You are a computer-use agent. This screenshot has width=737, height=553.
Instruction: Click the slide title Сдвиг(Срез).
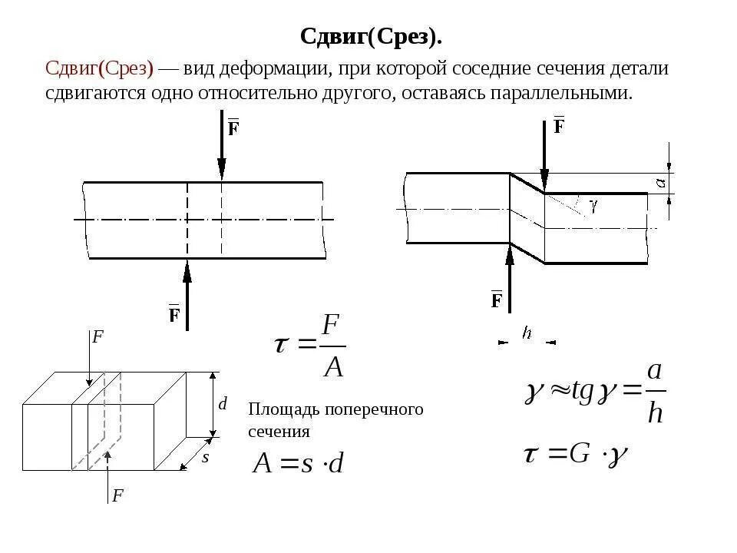pos(371,36)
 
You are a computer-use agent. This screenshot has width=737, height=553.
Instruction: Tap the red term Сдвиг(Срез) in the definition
pos(100,68)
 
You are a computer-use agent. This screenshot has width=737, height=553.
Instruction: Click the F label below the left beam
pos(174,314)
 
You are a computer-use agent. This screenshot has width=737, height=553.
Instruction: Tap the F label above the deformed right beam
pos(560,125)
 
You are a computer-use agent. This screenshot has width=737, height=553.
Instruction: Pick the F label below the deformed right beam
pos(497,300)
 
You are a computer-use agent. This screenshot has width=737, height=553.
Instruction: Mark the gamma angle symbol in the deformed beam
pos(593,205)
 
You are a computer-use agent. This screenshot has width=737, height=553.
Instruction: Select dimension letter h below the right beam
pos(527,333)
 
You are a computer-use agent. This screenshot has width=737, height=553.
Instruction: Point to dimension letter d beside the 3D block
pos(223,403)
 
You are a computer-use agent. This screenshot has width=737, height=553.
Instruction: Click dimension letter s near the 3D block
pos(205,457)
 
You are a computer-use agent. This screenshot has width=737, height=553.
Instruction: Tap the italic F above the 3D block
pos(97,336)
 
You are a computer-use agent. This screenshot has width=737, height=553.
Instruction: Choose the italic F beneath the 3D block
pos(117,495)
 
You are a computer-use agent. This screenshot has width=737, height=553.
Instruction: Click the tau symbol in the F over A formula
pos(281,345)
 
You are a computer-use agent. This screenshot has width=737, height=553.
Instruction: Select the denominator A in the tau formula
pos(333,366)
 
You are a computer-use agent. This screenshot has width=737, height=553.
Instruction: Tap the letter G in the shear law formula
pos(579,453)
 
